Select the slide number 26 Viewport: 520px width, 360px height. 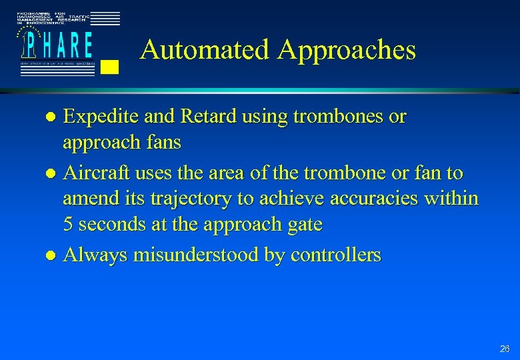point(503,349)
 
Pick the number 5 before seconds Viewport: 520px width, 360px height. point(68,225)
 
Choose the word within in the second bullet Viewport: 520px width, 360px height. point(454,199)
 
